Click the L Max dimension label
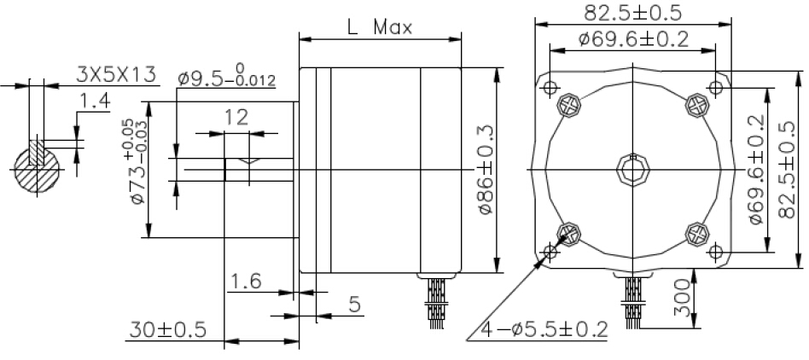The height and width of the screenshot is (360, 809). tap(381, 26)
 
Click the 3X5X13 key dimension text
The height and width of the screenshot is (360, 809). tap(115, 75)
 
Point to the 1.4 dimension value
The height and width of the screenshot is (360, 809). tap(95, 102)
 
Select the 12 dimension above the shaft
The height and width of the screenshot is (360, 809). tap(237, 118)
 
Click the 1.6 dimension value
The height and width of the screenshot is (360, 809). tap(245, 282)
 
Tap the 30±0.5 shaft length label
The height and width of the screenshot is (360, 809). tap(167, 329)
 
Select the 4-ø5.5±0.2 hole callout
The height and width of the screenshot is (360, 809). tap(544, 328)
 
